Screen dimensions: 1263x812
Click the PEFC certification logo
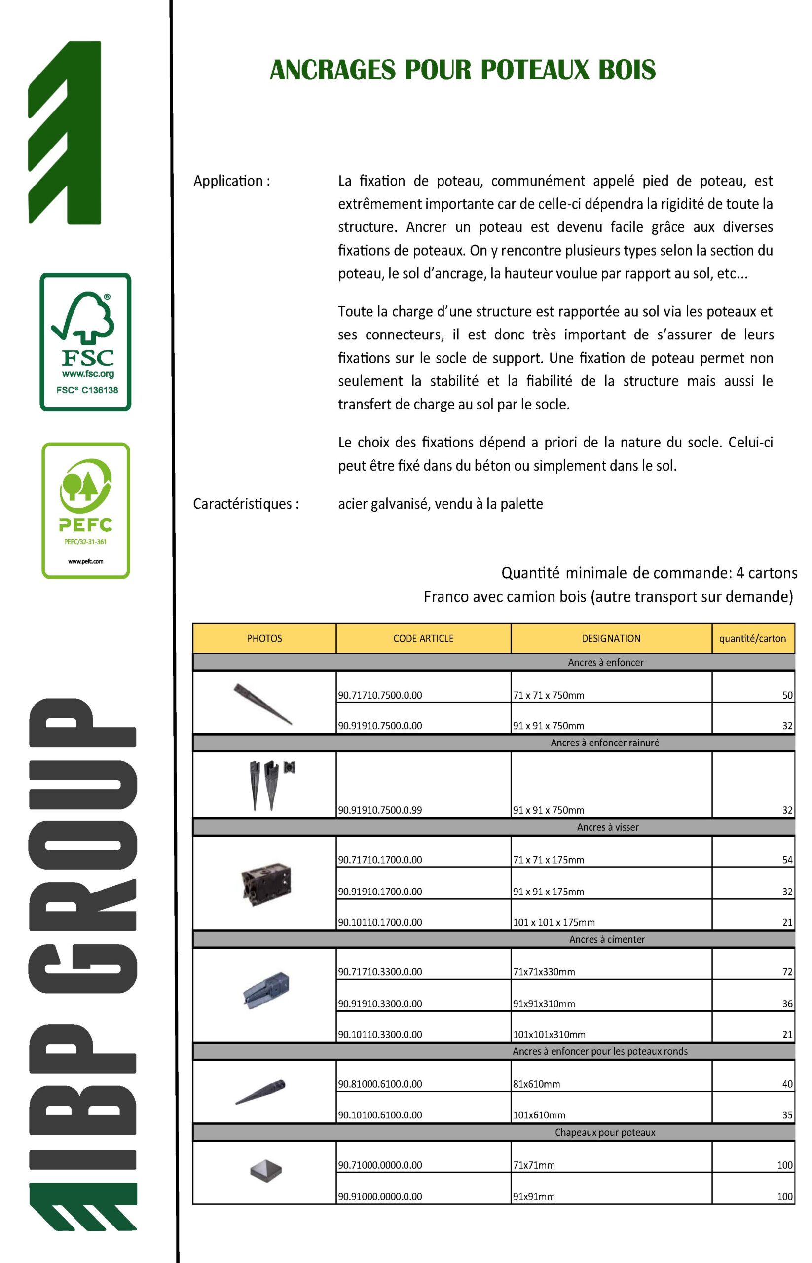click(85, 510)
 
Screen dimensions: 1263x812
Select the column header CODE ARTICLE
click(423, 638)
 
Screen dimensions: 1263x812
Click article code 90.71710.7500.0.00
click(380, 695)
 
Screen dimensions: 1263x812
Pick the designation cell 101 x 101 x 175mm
click(554, 922)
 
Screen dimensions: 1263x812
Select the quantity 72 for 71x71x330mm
click(787, 972)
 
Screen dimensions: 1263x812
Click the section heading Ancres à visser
click(607, 827)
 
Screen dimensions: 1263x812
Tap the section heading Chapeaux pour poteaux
click(605, 1132)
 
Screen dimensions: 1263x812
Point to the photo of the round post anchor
click(260, 1092)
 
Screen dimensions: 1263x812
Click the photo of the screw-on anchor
click(266, 884)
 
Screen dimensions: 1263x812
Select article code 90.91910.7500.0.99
click(380, 810)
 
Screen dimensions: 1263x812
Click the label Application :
click(231, 181)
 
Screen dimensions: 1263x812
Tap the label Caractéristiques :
click(246, 504)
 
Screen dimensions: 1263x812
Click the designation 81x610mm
click(536, 1084)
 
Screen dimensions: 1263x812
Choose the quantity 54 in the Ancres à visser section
click(787, 860)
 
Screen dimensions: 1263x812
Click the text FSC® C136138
click(87, 390)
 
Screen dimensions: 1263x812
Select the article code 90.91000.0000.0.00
click(380, 1196)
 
